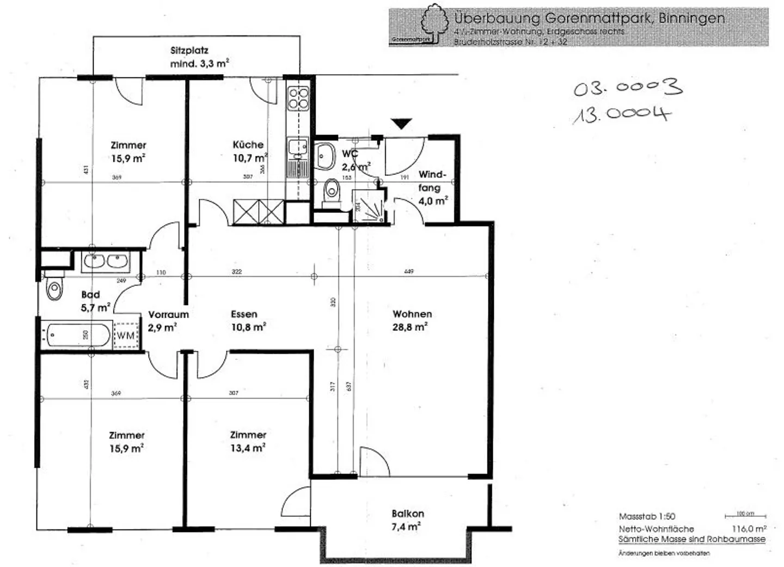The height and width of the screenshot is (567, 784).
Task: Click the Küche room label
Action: [x=248, y=145]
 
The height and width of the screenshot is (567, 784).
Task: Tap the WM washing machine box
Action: [x=126, y=336]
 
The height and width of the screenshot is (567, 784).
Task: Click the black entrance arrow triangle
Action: [x=402, y=124]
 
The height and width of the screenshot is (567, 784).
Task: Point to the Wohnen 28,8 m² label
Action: [x=412, y=320]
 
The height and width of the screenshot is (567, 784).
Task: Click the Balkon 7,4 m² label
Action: [x=407, y=520]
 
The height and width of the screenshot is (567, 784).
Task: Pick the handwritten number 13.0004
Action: [x=621, y=115]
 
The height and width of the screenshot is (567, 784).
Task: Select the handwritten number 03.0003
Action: [x=627, y=88]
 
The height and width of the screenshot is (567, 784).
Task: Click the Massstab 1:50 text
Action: [x=646, y=516]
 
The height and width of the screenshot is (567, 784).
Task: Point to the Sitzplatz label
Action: [x=189, y=51]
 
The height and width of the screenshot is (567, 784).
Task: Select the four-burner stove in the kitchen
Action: [x=298, y=99]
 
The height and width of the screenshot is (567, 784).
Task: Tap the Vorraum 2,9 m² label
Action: [x=168, y=321]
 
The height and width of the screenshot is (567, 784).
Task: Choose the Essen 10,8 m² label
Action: [x=248, y=320]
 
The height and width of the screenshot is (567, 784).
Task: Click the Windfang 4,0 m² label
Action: [x=432, y=187]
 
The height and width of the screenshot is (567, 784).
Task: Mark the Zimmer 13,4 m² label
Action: [x=248, y=441]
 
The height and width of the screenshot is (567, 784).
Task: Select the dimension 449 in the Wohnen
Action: [x=409, y=271]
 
